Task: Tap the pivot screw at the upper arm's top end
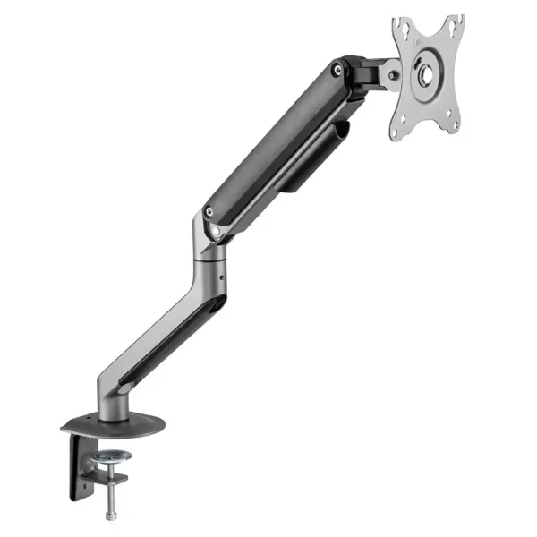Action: [337, 68]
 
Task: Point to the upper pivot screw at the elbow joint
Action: [209, 213]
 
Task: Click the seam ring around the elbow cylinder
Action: [210, 264]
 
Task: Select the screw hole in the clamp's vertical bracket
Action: [86, 486]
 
